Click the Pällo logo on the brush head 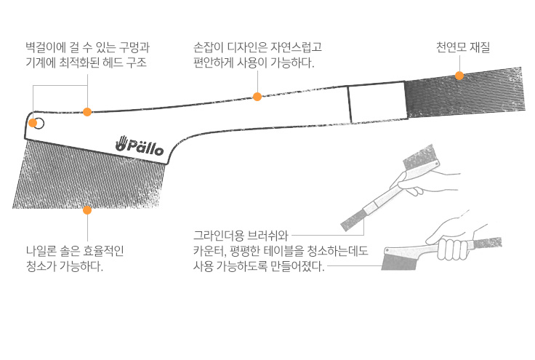click(140, 145)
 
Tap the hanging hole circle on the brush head click(39, 124)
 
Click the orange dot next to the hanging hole click(33, 123)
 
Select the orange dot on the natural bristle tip click(459, 76)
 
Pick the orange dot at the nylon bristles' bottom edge click(87, 210)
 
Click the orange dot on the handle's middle click(257, 97)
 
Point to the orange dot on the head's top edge click(87, 111)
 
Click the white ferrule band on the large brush click(377, 102)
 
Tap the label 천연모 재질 click(463, 47)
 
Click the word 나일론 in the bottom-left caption click(41, 251)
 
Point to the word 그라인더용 click(218, 235)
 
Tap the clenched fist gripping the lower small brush click(453, 249)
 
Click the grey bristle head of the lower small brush click(398, 262)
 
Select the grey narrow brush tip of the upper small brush click(353, 220)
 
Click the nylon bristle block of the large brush click(89, 177)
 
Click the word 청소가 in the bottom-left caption click(41, 266)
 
